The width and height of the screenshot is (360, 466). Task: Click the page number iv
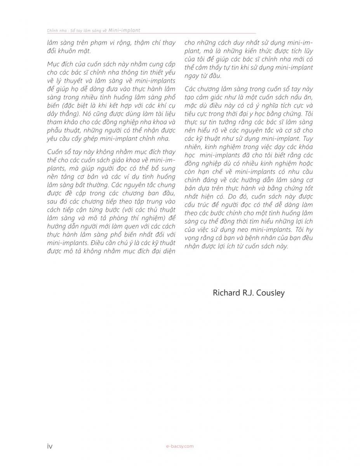click(50, 446)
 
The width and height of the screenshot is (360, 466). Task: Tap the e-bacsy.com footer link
click(179, 446)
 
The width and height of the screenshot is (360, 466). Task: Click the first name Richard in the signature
click(227, 293)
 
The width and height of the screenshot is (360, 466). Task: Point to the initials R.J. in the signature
click(249, 293)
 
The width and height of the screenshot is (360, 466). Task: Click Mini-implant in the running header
click(125, 30)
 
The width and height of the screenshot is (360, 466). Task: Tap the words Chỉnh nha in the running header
click(54, 31)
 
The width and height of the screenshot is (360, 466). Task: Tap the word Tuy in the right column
click(307, 139)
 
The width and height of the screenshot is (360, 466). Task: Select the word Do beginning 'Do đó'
click(245, 196)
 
